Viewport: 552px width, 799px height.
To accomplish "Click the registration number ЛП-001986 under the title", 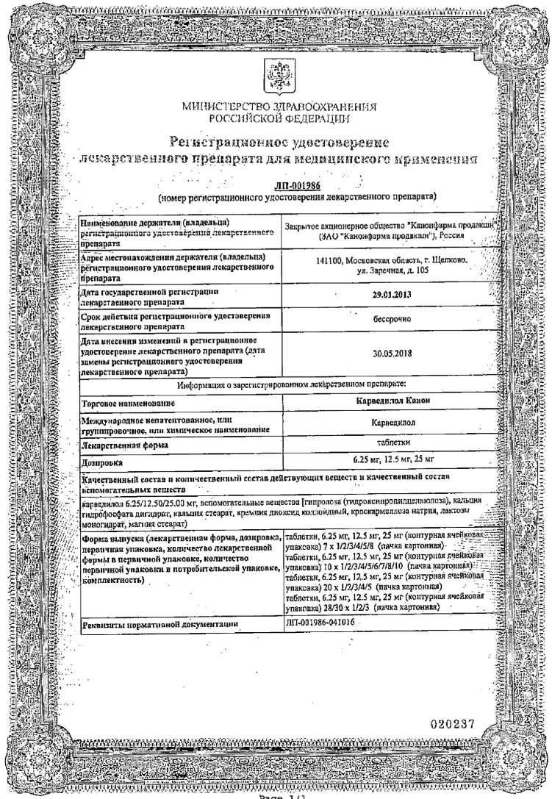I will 276,187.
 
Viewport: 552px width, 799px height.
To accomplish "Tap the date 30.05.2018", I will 386,352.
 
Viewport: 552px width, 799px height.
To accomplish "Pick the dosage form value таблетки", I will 386,445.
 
